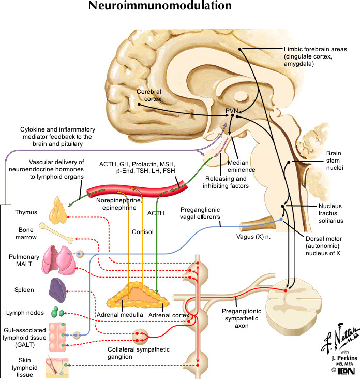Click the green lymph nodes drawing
[58, 313]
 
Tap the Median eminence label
[243, 149]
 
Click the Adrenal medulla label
[120, 315]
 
